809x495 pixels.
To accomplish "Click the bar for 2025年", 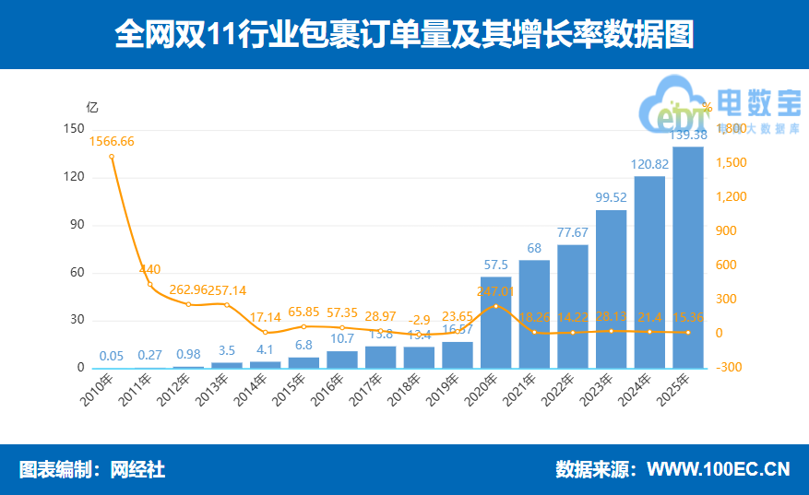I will tap(688, 257).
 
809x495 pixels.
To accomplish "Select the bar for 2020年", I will tap(496, 322).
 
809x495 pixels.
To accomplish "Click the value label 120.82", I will tap(649, 164).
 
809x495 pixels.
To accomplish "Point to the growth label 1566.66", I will tap(112, 141).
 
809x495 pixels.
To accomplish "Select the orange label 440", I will tap(150, 269).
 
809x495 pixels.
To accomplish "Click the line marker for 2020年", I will tap(496, 305).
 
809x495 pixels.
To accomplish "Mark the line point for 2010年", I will tap(112, 156).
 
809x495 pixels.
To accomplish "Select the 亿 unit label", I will tap(91, 106).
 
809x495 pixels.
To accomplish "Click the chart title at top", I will tap(404, 35).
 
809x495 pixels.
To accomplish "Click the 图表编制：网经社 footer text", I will tap(92, 469).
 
